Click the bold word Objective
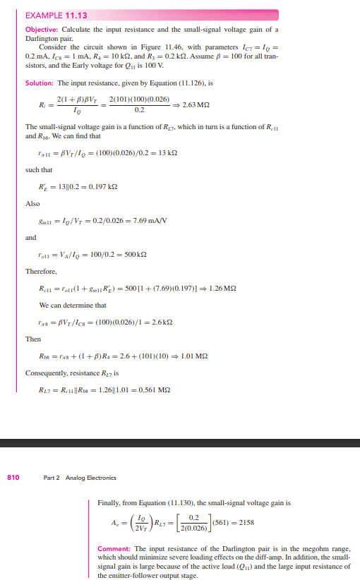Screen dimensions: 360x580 pyautogui.click(x=41, y=29)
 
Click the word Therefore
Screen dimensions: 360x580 pyautogui.click(x=40, y=271)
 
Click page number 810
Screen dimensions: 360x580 pyautogui.click(x=13, y=478)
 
